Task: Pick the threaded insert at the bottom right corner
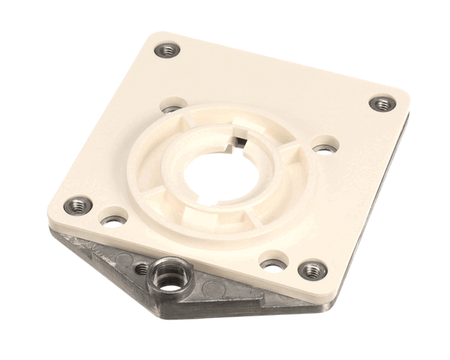(310, 269)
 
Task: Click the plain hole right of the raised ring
(323, 147)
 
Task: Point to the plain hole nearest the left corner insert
(114, 220)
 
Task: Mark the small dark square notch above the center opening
(238, 139)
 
